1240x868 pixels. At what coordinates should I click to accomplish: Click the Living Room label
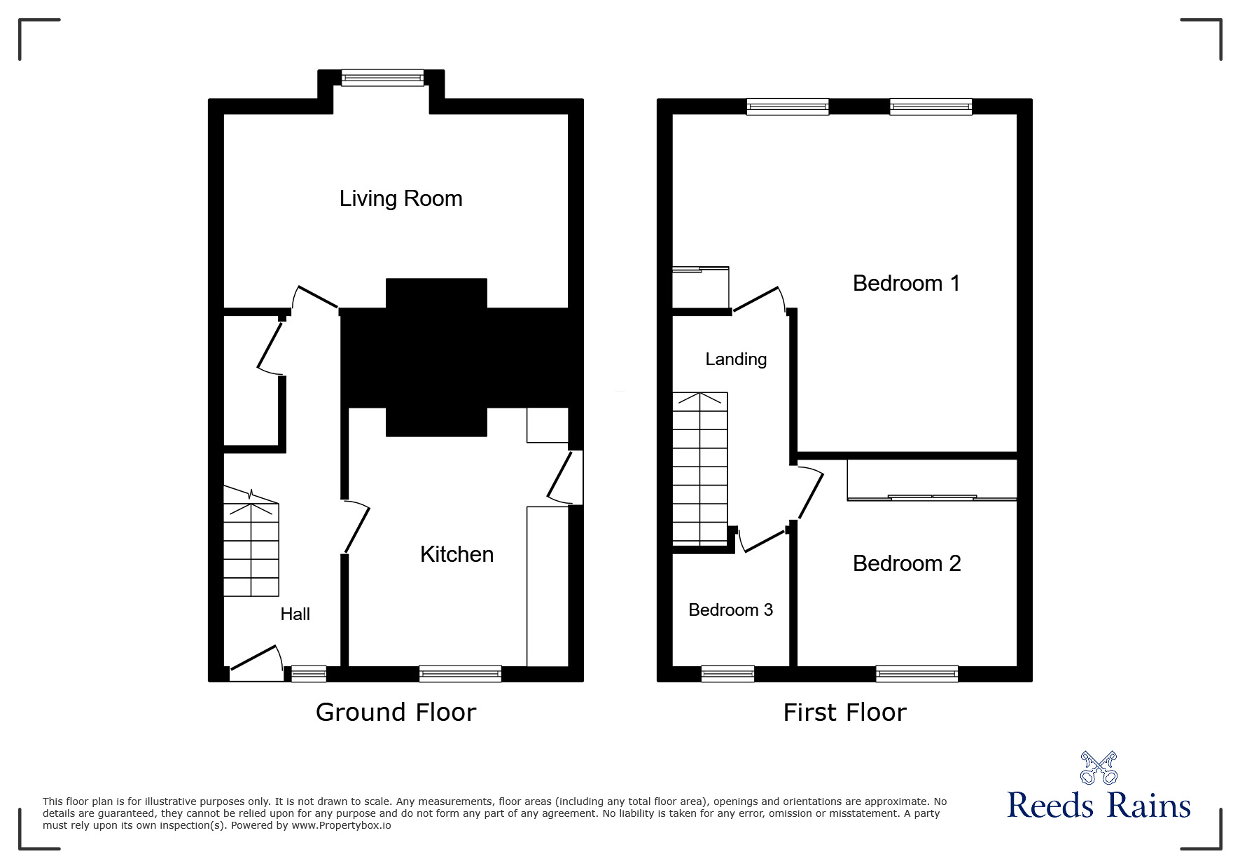pyautogui.click(x=400, y=199)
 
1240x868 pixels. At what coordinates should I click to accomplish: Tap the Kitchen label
pyautogui.click(x=457, y=554)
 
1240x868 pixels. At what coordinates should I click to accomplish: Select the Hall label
pyautogui.click(x=295, y=614)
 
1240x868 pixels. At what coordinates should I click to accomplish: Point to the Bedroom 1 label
pyautogui.click(x=905, y=283)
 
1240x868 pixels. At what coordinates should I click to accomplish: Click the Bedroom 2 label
pyautogui.click(x=906, y=563)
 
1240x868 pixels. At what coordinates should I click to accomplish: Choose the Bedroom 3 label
pyautogui.click(x=730, y=610)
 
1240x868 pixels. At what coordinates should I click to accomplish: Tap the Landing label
pyautogui.click(x=735, y=359)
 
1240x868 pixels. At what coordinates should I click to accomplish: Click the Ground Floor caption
pyautogui.click(x=396, y=712)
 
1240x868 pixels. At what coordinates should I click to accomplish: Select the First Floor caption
pyautogui.click(x=844, y=712)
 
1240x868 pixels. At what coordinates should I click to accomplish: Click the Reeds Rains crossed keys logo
pyautogui.click(x=1099, y=768)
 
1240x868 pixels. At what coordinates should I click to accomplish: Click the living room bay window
pyautogui.click(x=382, y=77)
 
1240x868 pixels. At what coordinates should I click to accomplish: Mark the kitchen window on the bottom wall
pyautogui.click(x=460, y=673)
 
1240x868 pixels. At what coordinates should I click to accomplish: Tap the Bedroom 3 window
pyautogui.click(x=727, y=673)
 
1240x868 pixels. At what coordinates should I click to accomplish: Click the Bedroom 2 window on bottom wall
pyautogui.click(x=917, y=673)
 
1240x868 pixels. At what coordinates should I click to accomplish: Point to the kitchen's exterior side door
pyautogui.click(x=567, y=478)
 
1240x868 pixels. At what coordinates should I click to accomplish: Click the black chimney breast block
pyautogui.click(x=436, y=357)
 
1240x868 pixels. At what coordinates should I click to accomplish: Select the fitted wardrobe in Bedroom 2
pyautogui.click(x=931, y=479)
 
